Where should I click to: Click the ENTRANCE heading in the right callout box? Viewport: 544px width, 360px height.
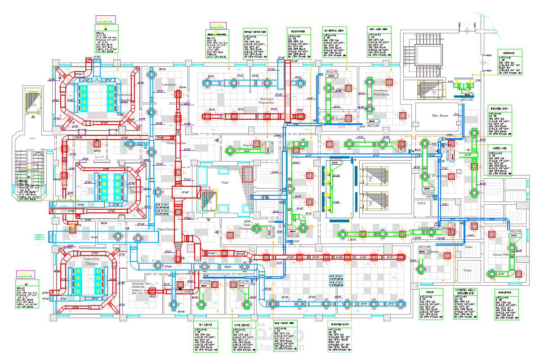click(x=509, y=53)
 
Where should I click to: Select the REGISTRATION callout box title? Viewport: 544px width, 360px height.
click(x=297, y=31)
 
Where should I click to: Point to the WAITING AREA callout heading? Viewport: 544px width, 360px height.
click(x=499, y=147)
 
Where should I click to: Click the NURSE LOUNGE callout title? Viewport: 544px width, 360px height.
click(x=241, y=324)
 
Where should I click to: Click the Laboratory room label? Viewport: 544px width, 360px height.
click(x=169, y=84)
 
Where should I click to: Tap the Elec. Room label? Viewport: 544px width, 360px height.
click(x=441, y=116)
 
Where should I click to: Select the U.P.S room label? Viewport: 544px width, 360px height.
click(x=421, y=203)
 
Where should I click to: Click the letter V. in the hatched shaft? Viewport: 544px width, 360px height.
click(x=434, y=93)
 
